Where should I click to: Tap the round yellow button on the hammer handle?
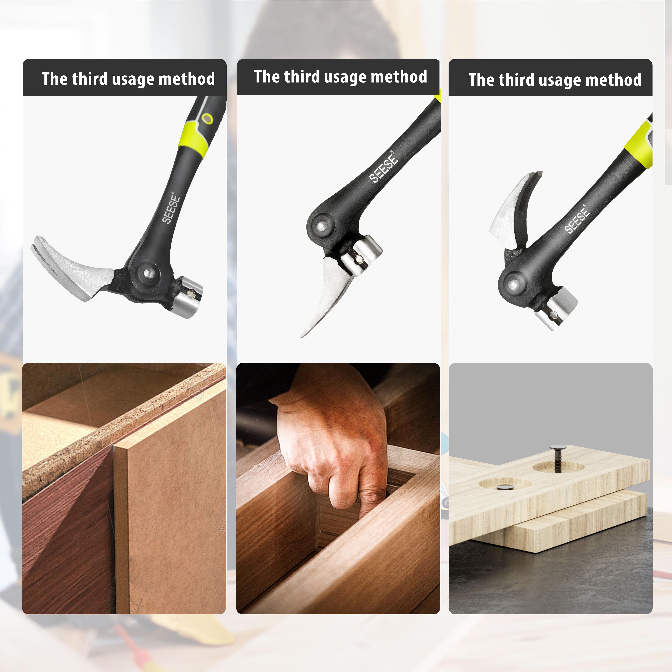click(207, 119)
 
